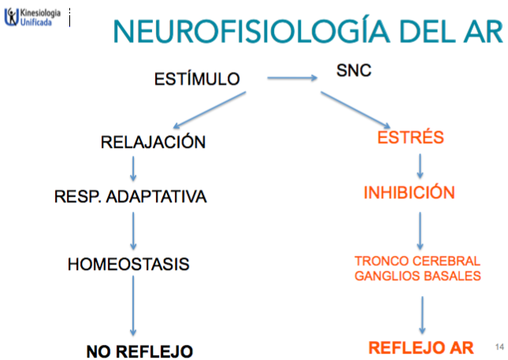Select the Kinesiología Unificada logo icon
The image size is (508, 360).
11,17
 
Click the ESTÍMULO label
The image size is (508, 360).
196,79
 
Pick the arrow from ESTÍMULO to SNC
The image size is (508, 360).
291,78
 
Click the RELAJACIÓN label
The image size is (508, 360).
154,143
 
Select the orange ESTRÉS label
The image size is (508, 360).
411,138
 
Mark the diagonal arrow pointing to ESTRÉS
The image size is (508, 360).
355,109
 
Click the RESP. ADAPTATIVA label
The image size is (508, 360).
131,197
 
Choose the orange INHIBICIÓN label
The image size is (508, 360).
409,193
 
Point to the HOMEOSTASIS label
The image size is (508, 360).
129,264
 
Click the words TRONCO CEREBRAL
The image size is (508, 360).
417,261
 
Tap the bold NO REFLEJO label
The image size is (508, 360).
139,349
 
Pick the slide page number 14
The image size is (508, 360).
499,347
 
